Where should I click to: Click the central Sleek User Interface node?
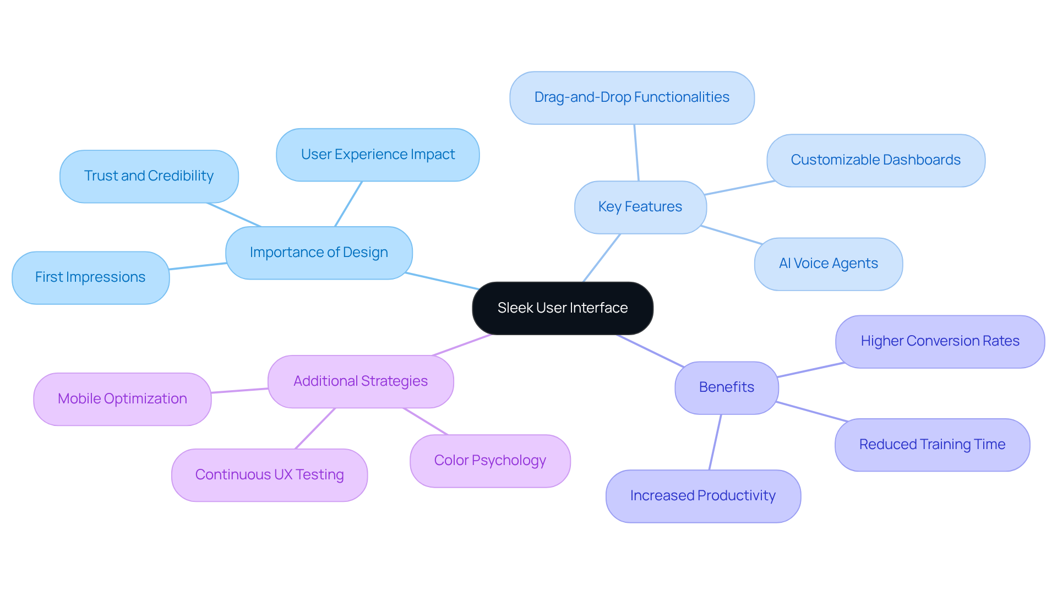coord(563,308)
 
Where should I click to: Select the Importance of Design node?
coord(319,253)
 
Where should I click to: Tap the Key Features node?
coord(640,207)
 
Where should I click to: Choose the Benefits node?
coord(726,387)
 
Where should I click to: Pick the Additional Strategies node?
coord(361,381)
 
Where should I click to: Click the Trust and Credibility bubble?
coord(149,176)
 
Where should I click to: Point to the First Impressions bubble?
coord(90,277)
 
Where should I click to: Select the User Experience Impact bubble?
coord(378,155)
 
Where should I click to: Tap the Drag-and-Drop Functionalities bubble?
coord(631,97)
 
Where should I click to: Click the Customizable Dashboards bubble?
coord(875,160)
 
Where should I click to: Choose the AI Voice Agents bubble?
coord(828,264)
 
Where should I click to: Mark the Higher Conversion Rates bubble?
coord(940,341)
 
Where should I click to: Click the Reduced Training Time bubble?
coord(932,445)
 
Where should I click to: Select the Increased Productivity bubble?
coord(703,496)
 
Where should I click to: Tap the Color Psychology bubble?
coord(490,461)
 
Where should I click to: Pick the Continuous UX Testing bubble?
coord(269,475)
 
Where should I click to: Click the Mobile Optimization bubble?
coord(122,399)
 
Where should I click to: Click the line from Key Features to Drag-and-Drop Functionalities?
coord(636,152)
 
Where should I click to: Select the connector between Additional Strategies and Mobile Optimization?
coord(239,391)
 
